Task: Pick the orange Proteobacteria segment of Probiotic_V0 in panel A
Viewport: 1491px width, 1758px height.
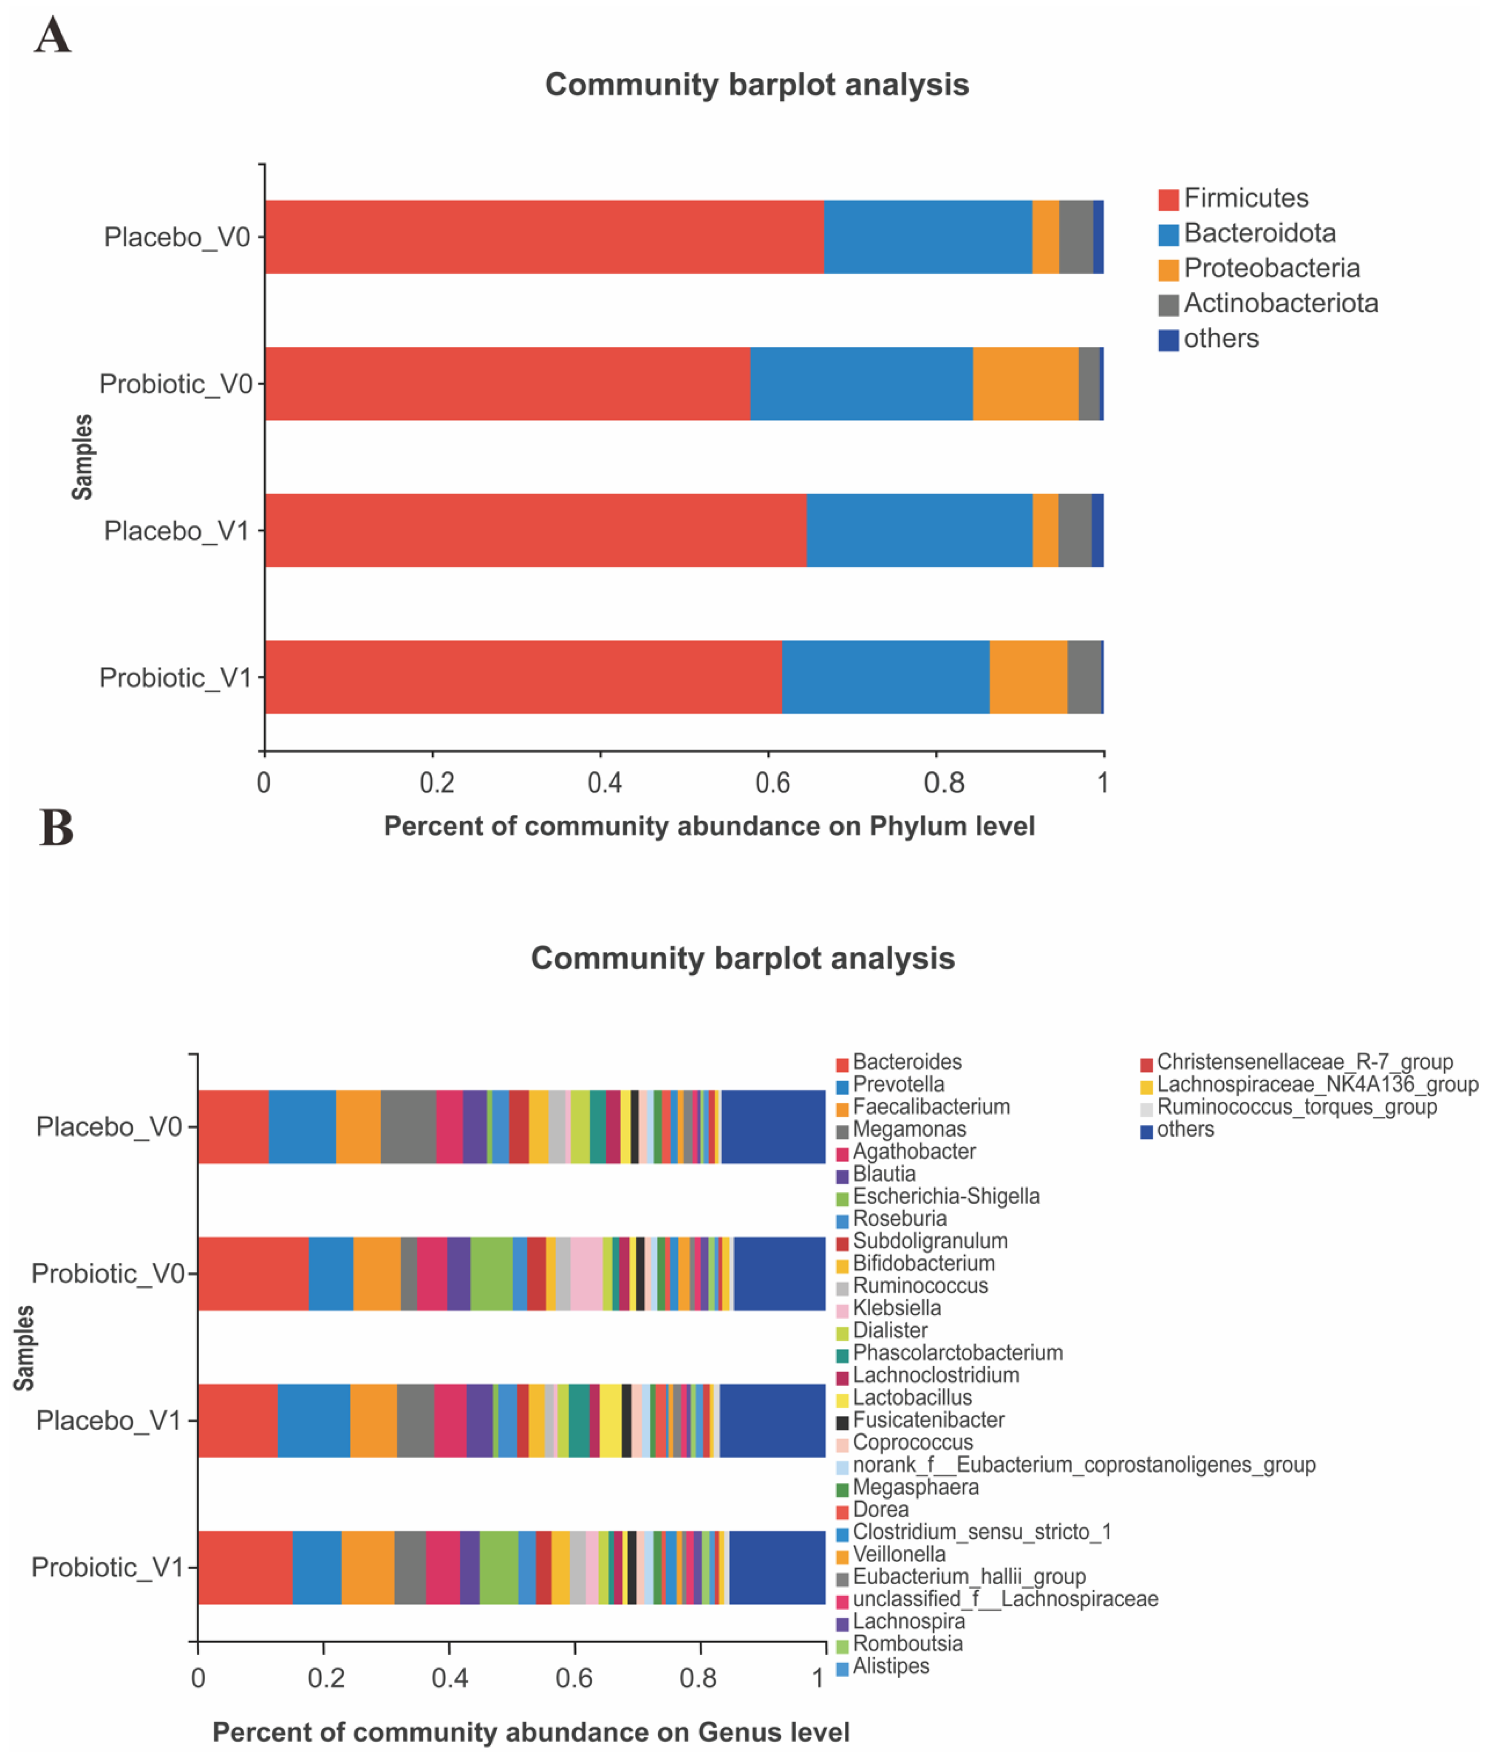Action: (x=1025, y=384)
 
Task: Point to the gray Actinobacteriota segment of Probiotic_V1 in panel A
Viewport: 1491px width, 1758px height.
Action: (x=1084, y=678)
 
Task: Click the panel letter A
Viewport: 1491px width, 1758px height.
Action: (x=52, y=37)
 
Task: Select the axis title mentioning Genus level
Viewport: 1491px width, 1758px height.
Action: (x=531, y=1733)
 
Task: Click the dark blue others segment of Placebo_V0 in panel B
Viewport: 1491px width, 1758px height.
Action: (x=772, y=1127)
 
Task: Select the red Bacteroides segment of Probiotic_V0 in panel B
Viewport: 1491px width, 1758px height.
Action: (x=253, y=1274)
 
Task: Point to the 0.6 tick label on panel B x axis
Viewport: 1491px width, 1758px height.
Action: (x=574, y=1679)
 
